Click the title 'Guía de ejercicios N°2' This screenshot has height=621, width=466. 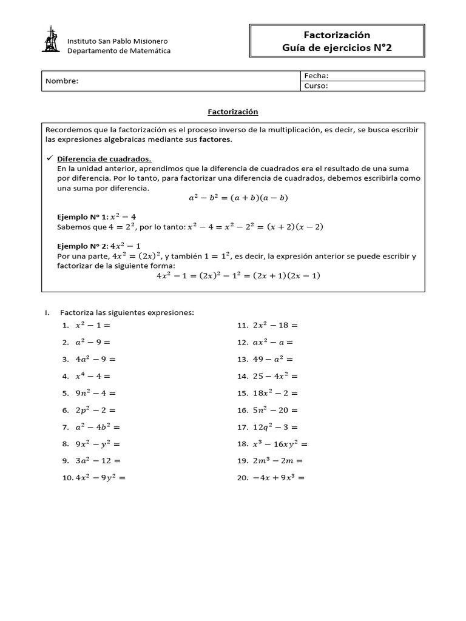coord(337,48)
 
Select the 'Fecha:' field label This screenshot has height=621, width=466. coord(316,76)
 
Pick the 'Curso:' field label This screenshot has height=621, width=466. coord(316,86)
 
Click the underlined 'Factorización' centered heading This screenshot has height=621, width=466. coord(233,112)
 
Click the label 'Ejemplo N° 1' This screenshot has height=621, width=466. coord(81,217)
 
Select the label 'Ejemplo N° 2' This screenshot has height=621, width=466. coord(81,246)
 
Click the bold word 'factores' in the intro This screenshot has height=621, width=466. coord(215,139)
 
